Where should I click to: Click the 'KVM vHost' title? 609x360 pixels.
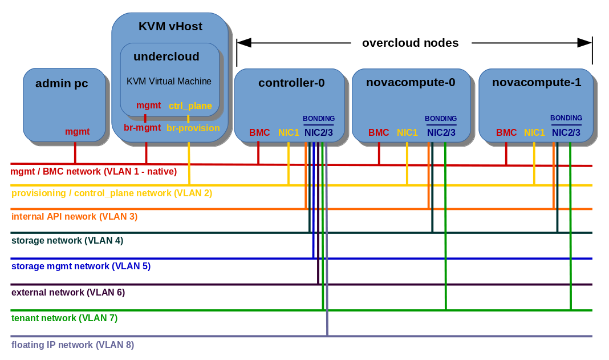click(170, 26)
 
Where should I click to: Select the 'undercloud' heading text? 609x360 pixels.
click(166, 56)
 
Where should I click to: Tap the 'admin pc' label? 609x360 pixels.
click(62, 83)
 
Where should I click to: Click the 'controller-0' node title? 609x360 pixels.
click(291, 83)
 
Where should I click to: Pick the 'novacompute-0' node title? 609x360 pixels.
click(411, 82)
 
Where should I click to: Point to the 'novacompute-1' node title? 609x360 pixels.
click(536, 82)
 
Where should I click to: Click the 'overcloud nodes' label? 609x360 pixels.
click(410, 43)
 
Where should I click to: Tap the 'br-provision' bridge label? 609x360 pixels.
click(193, 128)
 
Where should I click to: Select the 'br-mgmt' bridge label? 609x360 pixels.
click(142, 128)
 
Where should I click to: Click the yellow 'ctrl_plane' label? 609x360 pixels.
click(190, 106)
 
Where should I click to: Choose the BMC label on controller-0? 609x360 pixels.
click(259, 132)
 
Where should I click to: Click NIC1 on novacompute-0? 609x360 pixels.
click(407, 132)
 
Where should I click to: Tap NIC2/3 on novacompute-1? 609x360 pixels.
click(566, 132)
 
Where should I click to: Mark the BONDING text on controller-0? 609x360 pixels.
click(318, 119)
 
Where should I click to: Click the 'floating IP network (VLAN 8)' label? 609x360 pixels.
click(72, 345)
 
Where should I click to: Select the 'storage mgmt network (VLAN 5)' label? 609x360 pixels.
click(81, 266)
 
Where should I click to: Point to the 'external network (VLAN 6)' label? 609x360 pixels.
click(68, 292)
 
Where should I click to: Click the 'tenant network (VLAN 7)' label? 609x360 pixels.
click(64, 318)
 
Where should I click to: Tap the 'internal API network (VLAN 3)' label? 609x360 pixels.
click(74, 216)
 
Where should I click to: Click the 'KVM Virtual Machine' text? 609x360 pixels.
click(169, 81)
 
